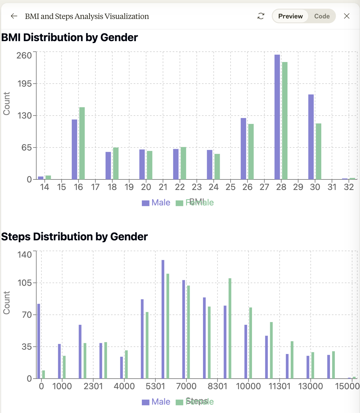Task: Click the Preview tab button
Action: pyautogui.click(x=290, y=16)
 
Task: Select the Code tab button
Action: pyautogui.click(x=322, y=16)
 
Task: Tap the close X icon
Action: pyautogui.click(x=347, y=16)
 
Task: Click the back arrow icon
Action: pyautogui.click(x=14, y=16)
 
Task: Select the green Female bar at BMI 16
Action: pyautogui.click(x=82, y=143)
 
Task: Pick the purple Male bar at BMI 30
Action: pyautogui.click(x=311, y=137)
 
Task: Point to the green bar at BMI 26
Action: pyautogui.click(x=251, y=152)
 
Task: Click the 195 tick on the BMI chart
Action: pyautogui.click(x=25, y=84)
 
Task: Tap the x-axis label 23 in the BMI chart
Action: pyautogui.click(x=197, y=187)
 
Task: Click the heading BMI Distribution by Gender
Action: pyautogui.click(x=70, y=37)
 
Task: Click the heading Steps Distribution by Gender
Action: pyautogui.click(x=74, y=237)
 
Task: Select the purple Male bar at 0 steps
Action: pyautogui.click(x=39, y=341)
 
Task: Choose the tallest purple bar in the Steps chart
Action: pyautogui.click(x=163, y=319)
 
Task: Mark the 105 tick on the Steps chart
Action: pyautogui.click(x=25, y=283)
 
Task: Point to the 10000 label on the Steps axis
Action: pyautogui.click(x=248, y=386)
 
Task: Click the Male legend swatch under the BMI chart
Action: pyautogui.click(x=146, y=203)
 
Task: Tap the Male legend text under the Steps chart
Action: pyautogui.click(x=161, y=402)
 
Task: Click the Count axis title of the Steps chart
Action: pyautogui.click(x=6, y=303)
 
